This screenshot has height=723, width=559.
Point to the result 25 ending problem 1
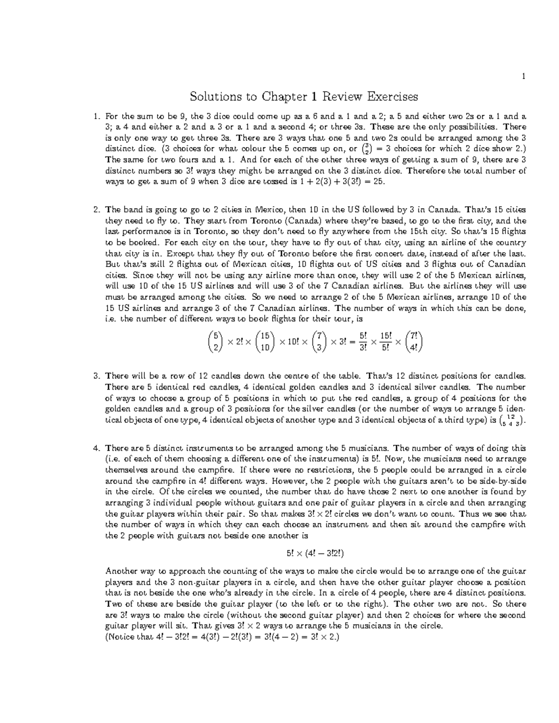(379, 182)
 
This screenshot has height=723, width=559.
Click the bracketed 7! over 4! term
(414, 342)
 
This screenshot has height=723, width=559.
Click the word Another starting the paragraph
(120, 571)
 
